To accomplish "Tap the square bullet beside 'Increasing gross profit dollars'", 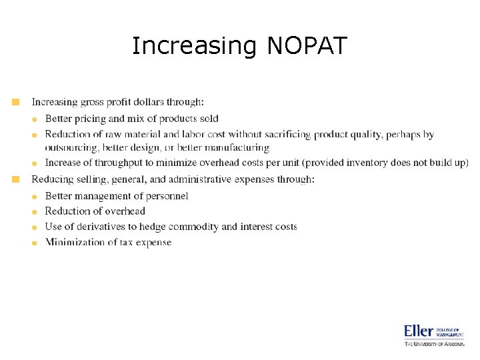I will (x=16, y=102).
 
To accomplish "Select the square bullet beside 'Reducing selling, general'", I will (x=16, y=179).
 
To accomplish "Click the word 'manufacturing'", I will (x=236, y=147).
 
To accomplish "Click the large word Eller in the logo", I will (x=419, y=331).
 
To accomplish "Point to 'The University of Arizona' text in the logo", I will (x=434, y=344).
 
